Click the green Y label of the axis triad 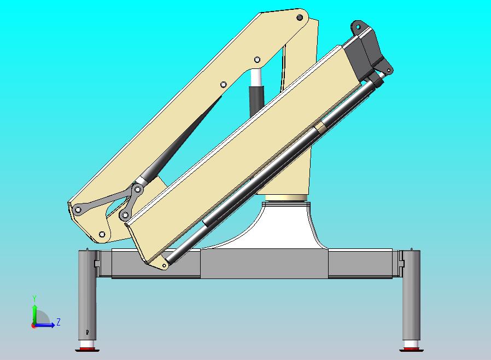(x=34, y=299)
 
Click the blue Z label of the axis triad (x=59, y=322)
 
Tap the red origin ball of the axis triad (x=34, y=326)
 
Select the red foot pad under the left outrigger (x=86, y=349)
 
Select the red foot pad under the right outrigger (x=411, y=349)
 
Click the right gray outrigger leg (x=411, y=295)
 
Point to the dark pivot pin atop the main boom (x=300, y=18)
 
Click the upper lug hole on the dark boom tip (x=359, y=27)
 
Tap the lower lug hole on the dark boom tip (x=389, y=70)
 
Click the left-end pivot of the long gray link (x=78, y=209)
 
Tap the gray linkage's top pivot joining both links (x=138, y=189)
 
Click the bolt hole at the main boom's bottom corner (x=102, y=234)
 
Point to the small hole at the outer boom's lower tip (x=164, y=266)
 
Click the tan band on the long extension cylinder (x=321, y=127)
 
